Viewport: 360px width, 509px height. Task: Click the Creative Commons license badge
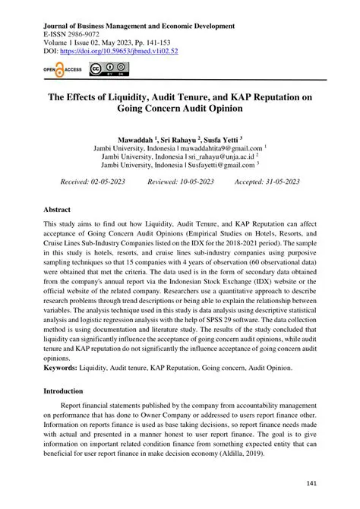coord(109,70)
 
